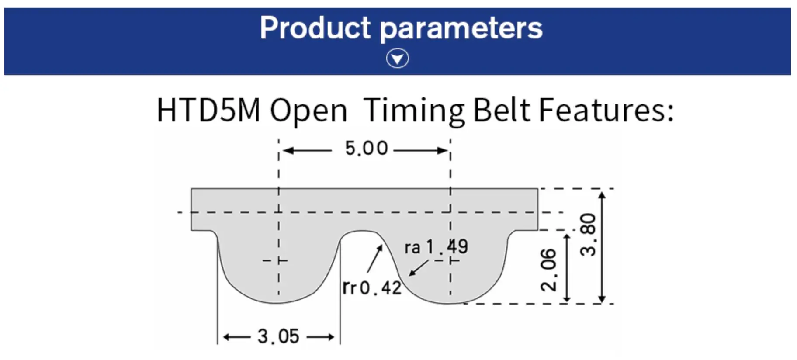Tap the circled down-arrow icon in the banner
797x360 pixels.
[x=398, y=59]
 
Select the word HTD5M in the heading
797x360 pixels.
[x=208, y=110]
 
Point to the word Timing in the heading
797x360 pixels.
[x=414, y=111]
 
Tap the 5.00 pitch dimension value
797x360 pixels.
[x=366, y=149]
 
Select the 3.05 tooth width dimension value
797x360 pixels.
[x=278, y=336]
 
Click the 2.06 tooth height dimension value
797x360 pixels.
[x=549, y=270]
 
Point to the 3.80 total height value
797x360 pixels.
[x=588, y=235]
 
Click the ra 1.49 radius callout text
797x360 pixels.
[x=436, y=247]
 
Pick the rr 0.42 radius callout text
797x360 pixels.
[x=372, y=287]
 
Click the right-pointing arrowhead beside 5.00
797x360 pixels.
[x=442, y=151]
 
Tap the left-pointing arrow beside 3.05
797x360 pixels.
[x=237, y=337]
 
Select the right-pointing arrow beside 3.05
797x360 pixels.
[x=321, y=337]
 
